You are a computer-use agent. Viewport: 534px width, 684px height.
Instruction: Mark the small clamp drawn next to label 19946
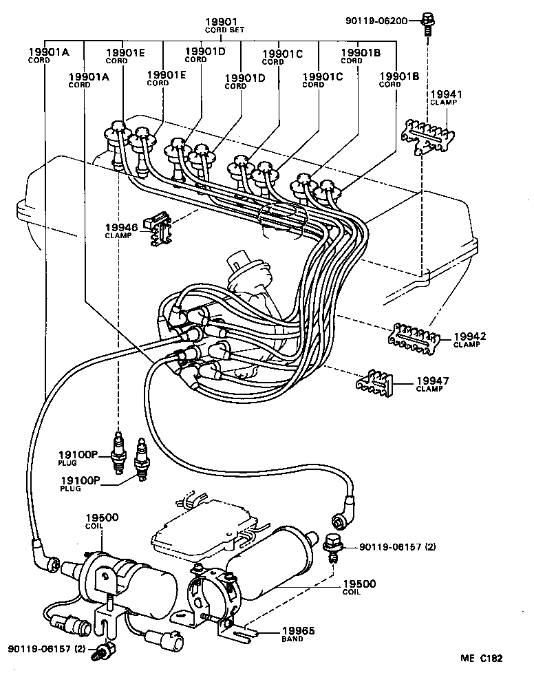pos(160,228)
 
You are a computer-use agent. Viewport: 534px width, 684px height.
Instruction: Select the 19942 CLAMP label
pos(469,339)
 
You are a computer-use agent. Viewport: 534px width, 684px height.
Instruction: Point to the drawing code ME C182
pos(481,659)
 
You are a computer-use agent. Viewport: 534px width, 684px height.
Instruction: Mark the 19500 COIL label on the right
pos(361,586)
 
